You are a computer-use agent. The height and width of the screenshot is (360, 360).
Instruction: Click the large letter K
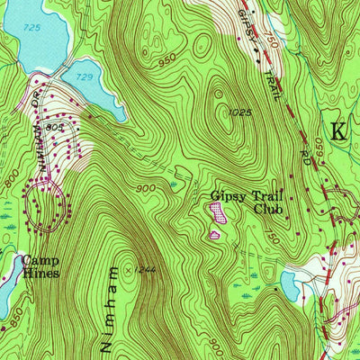(x=338, y=130)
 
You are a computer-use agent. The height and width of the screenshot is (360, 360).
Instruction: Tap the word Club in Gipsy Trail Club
(x=267, y=210)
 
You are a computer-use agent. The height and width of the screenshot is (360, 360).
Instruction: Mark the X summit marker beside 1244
(x=130, y=268)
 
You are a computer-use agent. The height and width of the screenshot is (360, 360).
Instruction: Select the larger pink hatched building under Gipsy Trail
(x=217, y=212)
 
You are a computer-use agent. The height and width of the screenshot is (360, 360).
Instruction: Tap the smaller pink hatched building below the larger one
(x=214, y=235)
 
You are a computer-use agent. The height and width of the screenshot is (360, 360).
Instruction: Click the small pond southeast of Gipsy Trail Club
(x=289, y=287)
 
